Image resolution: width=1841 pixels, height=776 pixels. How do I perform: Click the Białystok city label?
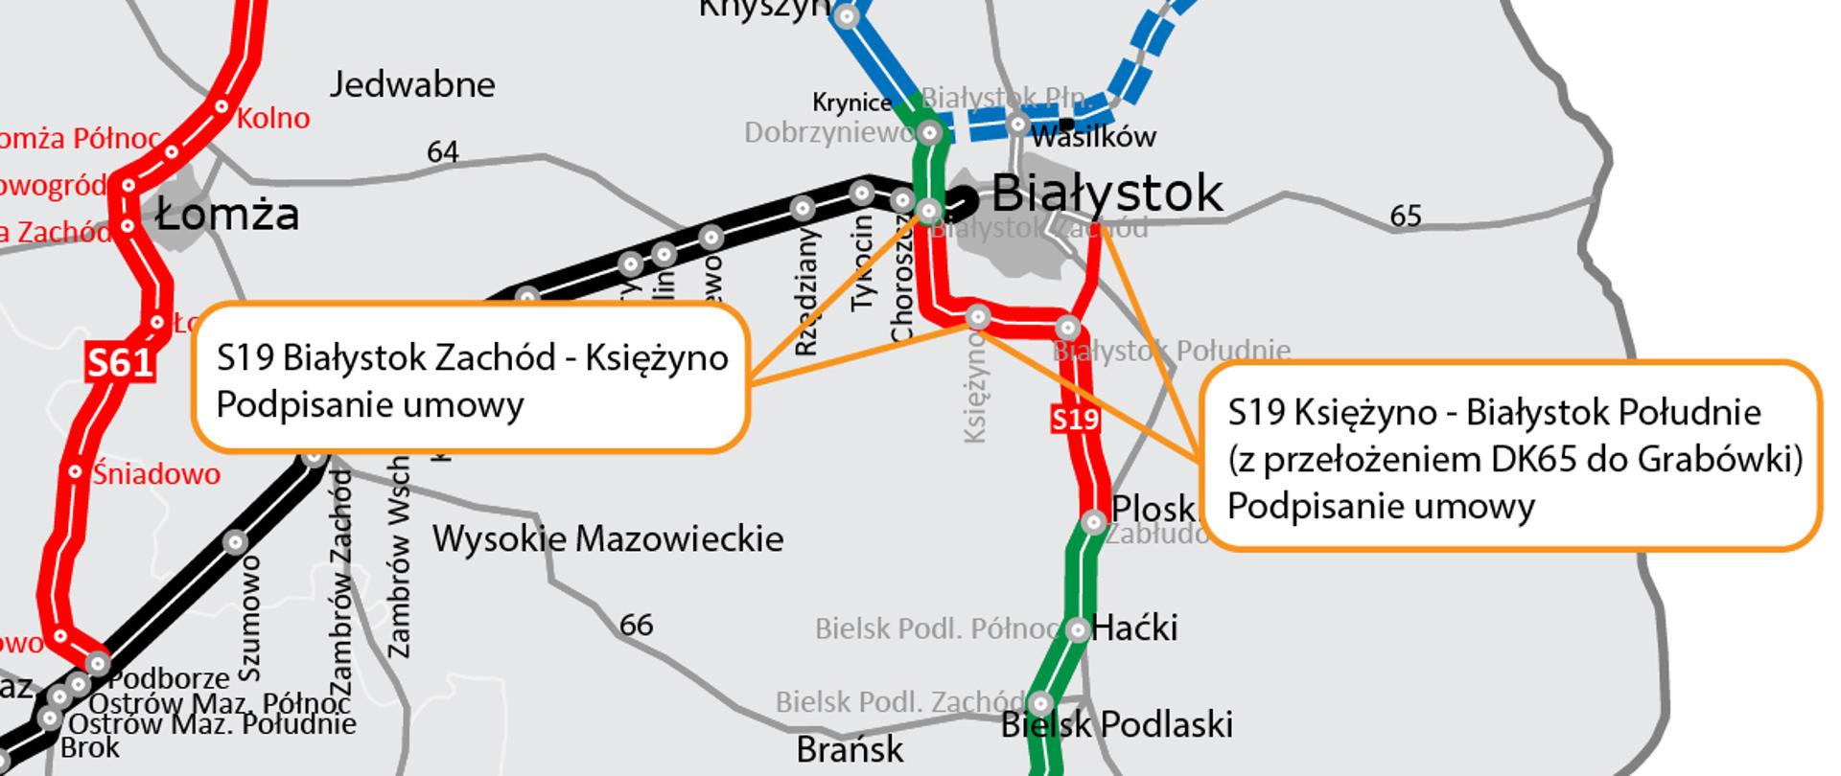point(1107,193)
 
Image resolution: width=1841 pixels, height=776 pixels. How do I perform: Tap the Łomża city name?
point(227,214)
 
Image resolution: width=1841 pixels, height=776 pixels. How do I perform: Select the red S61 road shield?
point(120,363)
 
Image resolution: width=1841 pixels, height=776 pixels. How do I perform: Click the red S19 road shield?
point(1074,420)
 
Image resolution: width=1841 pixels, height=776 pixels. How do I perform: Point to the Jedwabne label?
point(412,85)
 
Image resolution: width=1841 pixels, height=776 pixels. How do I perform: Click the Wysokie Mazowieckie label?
point(607,538)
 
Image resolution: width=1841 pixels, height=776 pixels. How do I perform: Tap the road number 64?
point(442,151)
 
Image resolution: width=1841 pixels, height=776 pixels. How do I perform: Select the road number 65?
point(1405,217)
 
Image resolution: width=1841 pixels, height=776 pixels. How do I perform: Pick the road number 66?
point(636,626)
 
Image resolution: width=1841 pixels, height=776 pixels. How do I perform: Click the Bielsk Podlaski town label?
point(1117,724)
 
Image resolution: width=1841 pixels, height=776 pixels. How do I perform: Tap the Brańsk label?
point(850,749)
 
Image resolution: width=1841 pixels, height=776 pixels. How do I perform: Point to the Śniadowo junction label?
point(156,473)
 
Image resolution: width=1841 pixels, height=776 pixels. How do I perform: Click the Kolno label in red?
point(273,119)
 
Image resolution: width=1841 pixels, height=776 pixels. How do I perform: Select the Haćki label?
point(1134,628)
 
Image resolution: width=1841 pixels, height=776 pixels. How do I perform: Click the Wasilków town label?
point(1094,137)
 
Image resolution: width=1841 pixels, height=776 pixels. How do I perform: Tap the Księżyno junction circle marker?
point(978,316)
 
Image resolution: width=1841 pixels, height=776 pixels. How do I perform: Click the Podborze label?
point(169,678)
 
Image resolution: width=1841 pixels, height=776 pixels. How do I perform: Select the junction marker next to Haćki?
point(1078,629)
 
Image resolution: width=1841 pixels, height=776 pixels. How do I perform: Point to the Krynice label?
point(851,103)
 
